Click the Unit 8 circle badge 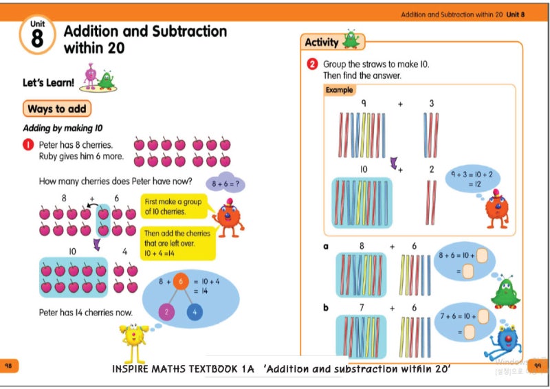37,36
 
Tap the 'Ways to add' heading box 58,109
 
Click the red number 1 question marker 29,145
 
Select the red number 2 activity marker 312,65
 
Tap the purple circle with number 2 166,313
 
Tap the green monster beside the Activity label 351,40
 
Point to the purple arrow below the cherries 97,244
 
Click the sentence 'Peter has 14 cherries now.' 85,313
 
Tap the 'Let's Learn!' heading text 48,83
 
